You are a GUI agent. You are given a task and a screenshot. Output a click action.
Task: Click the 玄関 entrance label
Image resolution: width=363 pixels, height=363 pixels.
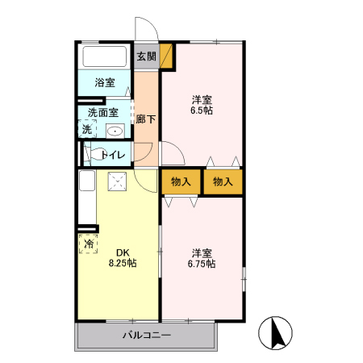[146, 56]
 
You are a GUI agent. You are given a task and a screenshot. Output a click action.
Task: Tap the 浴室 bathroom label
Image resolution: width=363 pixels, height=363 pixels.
[105, 82]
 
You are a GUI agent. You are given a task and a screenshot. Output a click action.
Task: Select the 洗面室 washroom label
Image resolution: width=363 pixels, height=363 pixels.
[102, 113]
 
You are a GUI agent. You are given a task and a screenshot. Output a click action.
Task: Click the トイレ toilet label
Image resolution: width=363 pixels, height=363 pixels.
[111, 153]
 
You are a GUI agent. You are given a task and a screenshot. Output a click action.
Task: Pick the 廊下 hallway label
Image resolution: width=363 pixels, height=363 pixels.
[145, 119]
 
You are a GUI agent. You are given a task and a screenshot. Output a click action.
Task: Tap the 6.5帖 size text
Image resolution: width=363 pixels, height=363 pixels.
[202, 110]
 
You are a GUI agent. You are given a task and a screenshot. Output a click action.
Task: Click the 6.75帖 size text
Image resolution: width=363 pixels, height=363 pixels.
[202, 263]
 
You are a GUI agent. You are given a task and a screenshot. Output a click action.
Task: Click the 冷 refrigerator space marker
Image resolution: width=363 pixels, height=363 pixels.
[86, 242]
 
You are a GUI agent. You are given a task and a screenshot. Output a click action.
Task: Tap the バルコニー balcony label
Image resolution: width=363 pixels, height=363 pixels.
[147, 335]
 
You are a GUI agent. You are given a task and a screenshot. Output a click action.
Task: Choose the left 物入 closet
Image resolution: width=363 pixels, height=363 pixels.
[181, 181]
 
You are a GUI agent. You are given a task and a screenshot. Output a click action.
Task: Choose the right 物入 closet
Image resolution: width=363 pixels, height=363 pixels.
[223, 181]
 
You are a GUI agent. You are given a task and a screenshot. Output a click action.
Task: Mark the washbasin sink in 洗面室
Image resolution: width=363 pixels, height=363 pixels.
[115, 131]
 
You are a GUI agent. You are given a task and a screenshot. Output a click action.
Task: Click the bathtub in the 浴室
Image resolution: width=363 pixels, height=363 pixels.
[105, 57]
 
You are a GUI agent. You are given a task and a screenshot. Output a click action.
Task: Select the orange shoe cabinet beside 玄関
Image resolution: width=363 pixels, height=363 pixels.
[166, 56]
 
